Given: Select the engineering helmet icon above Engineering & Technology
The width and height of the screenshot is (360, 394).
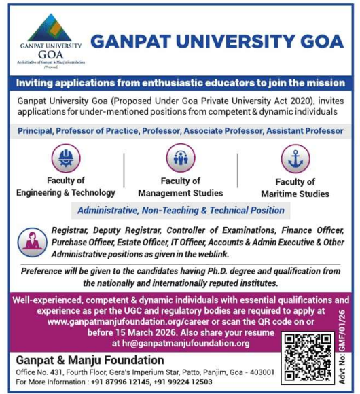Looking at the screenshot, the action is coord(66,158).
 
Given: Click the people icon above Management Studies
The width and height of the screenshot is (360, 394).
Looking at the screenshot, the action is coord(180,158).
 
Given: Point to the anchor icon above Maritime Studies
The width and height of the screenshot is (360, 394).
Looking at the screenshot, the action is coord(295,158).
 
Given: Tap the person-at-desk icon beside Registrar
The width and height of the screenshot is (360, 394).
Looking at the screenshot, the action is coord(32,242).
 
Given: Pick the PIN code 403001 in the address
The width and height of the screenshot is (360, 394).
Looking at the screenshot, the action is coord(262,372).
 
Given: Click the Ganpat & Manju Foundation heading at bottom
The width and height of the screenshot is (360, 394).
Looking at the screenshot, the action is coord(90,360).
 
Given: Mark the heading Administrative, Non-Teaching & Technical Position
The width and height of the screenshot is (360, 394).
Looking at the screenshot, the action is coord(181,211).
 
